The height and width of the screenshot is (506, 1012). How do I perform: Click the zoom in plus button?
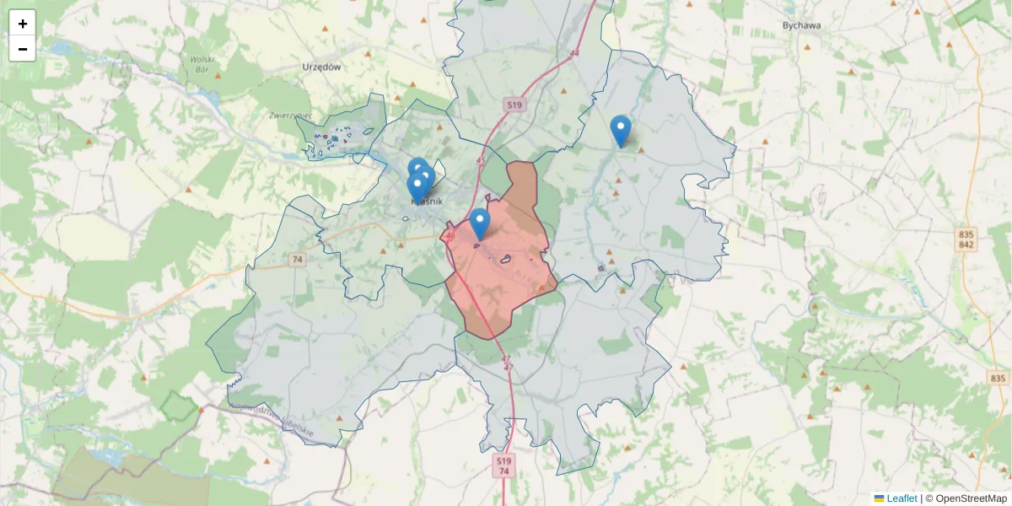pos(23,24)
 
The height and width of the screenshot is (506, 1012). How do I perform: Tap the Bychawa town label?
pos(801,25)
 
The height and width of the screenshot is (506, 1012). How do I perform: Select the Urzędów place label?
pos(320,67)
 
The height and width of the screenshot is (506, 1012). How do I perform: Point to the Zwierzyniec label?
pos(291,115)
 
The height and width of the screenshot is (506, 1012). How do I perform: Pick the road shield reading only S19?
pos(514,105)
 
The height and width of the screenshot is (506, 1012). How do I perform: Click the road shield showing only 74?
pos(296,260)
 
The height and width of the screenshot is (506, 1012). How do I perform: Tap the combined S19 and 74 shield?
pos(503,466)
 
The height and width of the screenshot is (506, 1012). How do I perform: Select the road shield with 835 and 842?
pos(966,239)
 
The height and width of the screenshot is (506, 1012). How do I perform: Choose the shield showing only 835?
pos(999,379)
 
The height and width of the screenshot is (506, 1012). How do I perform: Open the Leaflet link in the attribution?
pos(902,498)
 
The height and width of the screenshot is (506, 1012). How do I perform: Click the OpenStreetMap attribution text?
pos(971,498)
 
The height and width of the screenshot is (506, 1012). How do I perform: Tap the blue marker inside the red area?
pos(479,223)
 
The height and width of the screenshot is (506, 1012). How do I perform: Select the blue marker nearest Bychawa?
pos(621,131)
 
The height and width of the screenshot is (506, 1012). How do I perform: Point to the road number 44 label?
pos(575,53)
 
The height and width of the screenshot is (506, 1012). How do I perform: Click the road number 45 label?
pos(481,160)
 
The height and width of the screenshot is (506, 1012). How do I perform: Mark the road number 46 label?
pos(449,236)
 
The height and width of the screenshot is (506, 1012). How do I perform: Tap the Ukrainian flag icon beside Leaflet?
pos(879,498)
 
